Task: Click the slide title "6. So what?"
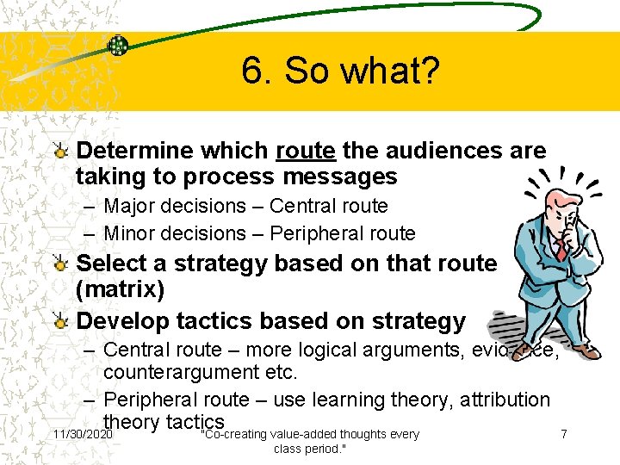point(340,71)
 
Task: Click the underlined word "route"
point(306,152)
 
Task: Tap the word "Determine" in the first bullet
point(134,152)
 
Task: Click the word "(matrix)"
point(121,289)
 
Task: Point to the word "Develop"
point(121,321)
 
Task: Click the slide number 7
point(563,434)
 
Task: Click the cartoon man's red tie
point(561,250)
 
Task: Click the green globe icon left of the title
point(118,46)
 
